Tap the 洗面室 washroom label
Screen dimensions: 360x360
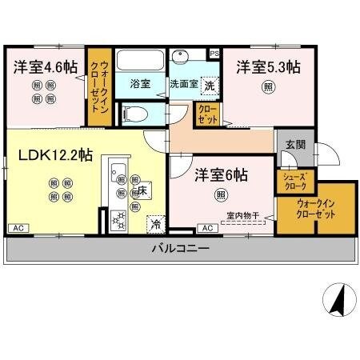pyautogui.click(x=182, y=83)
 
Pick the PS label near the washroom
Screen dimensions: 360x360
pyautogui.click(x=214, y=54)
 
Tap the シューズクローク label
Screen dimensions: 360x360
pyautogui.click(x=294, y=179)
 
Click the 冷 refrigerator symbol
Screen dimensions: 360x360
pyautogui.click(x=155, y=224)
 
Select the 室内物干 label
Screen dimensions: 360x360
pyautogui.click(x=241, y=214)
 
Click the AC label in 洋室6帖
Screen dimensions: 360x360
pyautogui.click(x=207, y=229)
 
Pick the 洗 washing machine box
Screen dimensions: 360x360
pyautogui.click(x=209, y=84)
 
